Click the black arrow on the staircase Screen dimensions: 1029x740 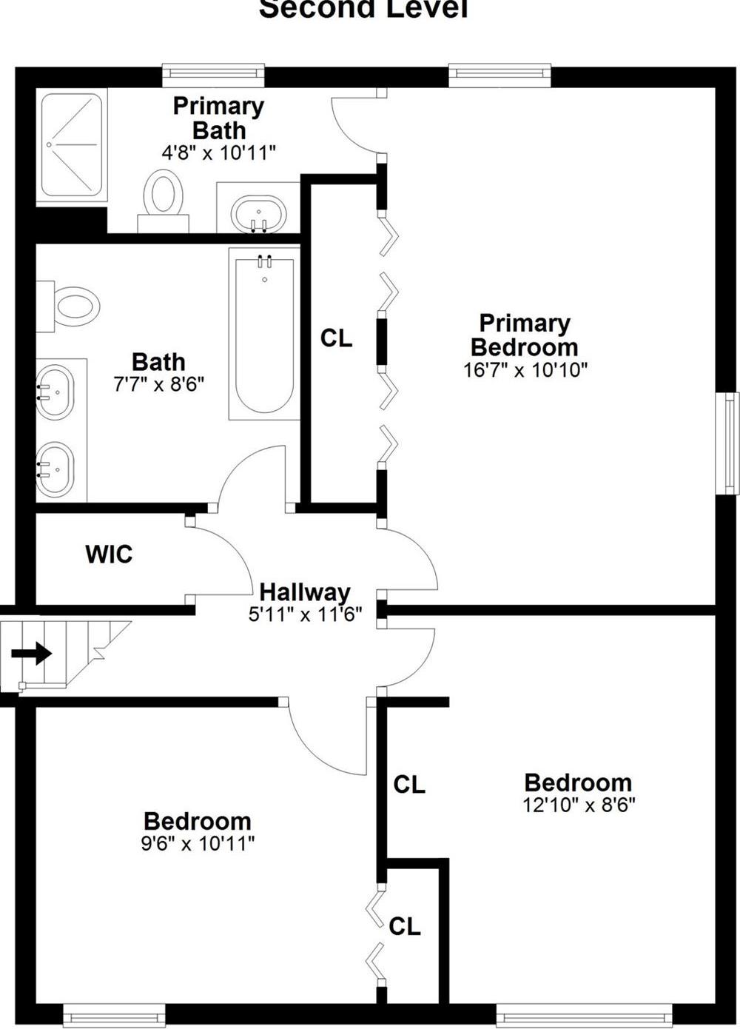(32, 654)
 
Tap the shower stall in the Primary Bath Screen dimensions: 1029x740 (72, 145)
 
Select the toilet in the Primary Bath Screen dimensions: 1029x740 (163, 197)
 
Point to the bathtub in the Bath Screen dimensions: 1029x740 (264, 333)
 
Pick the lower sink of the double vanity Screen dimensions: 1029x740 (55, 469)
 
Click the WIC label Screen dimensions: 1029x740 (109, 554)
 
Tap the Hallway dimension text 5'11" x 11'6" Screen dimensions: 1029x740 (305, 614)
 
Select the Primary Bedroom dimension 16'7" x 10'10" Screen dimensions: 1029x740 (525, 369)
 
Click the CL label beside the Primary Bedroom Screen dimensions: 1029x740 (336, 338)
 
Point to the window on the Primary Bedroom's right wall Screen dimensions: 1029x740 (730, 443)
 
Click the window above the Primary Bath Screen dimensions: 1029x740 (213, 73)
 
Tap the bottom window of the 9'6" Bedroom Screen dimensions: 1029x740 (114, 1015)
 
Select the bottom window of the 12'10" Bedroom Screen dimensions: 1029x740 (584, 1015)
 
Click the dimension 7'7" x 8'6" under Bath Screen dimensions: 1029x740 (158, 384)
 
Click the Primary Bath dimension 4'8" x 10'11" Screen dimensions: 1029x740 (218, 153)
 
